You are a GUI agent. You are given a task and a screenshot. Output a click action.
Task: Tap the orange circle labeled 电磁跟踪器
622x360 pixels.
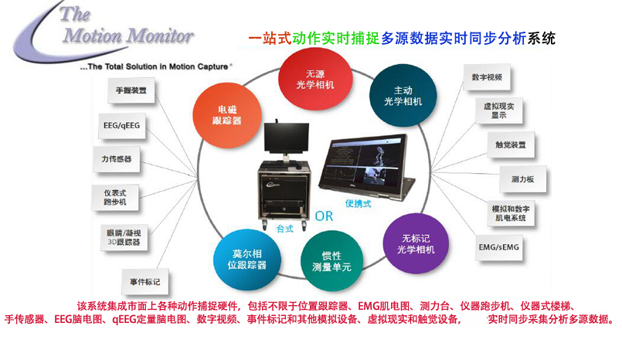[x=226, y=114]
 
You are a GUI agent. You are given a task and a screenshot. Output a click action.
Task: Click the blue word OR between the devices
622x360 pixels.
[x=325, y=216]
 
